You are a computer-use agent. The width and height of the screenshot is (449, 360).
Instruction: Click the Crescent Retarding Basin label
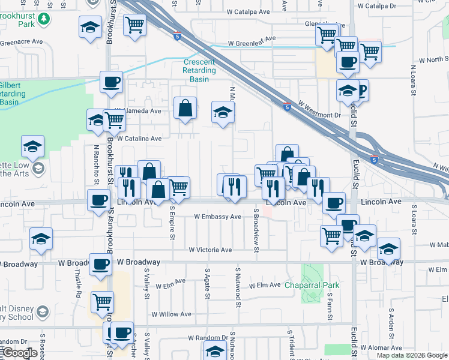tap(199, 70)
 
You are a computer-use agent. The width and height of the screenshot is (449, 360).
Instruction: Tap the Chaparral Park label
tap(312, 285)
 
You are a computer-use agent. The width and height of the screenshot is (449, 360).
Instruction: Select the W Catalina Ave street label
tap(140, 139)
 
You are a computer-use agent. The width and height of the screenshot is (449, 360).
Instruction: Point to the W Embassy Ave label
tap(217, 217)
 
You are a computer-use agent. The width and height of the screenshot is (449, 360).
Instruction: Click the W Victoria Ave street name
tap(210, 250)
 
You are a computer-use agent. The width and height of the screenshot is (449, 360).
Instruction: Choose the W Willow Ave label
tap(171, 314)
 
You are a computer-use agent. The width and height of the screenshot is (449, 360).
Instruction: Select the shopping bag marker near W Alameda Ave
tap(185, 109)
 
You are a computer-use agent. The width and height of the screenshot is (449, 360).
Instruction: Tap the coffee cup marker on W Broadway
tap(101, 263)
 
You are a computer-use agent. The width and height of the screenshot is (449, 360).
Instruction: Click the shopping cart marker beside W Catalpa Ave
tap(135, 25)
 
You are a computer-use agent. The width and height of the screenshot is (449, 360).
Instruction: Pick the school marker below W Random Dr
tap(214, 352)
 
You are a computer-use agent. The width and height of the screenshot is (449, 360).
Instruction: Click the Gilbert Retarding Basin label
tap(12, 93)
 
